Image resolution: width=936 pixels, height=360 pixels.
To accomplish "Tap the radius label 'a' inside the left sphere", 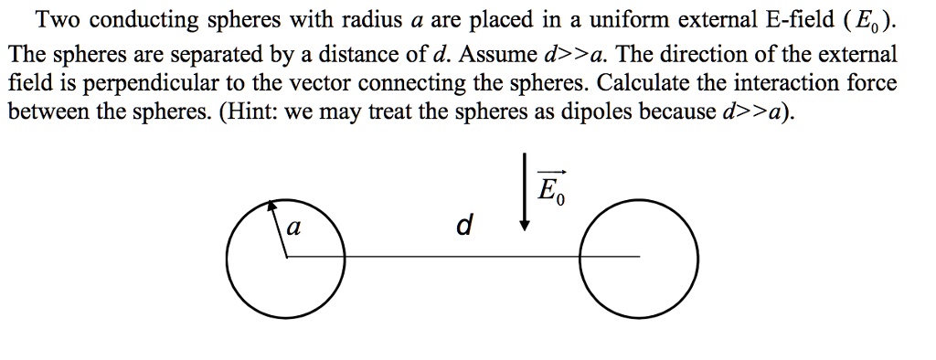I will pyautogui.click(x=291, y=228).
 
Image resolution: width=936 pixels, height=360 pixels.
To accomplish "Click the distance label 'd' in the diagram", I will pyautogui.click(x=463, y=225).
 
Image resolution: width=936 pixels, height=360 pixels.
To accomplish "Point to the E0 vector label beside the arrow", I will pyautogui.click(x=550, y=190).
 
